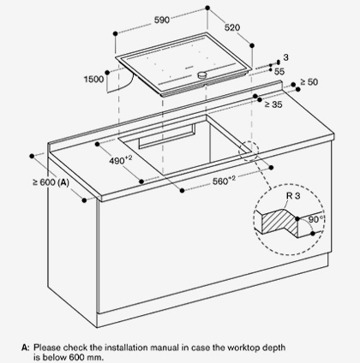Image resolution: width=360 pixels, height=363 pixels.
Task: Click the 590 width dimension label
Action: [162, 20]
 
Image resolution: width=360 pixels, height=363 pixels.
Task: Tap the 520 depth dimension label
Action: [232, 27]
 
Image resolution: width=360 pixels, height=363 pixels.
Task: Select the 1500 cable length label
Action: [93, 79]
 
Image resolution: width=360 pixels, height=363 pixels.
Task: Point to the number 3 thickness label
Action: [286, 57]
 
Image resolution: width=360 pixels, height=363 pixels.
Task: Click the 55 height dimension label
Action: [279, 71]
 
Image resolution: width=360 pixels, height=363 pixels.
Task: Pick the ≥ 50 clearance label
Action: [309, 82]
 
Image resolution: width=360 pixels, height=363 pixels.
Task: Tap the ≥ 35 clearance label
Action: [273, 104]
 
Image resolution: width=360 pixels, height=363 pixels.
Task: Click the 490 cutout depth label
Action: [121, 160]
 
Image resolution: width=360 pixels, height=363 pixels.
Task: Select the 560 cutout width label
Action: [224, 181]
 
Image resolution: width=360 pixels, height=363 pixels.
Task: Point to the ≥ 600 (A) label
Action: [51, 182]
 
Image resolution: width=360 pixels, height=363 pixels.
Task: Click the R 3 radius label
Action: [293, 196]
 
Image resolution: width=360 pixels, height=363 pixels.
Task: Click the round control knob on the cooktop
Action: [202, 74]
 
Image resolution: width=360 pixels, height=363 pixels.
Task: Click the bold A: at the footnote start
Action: [26, 348]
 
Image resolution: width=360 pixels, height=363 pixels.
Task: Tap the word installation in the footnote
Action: [127, 348]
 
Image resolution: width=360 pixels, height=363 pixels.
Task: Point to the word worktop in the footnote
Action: [243, 348]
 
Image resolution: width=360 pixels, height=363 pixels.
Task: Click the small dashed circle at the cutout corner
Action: [248, 151]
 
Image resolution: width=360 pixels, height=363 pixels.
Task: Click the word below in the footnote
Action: [56, 357]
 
